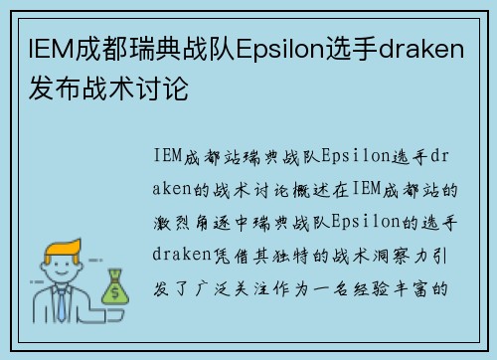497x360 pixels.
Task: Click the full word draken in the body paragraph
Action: pyautogui.click(x=184, y=254)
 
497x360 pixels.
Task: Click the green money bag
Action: pyautogui.click(x=116, y=288)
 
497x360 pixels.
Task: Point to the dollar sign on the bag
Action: pyautogui.click(x=116, y=292)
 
